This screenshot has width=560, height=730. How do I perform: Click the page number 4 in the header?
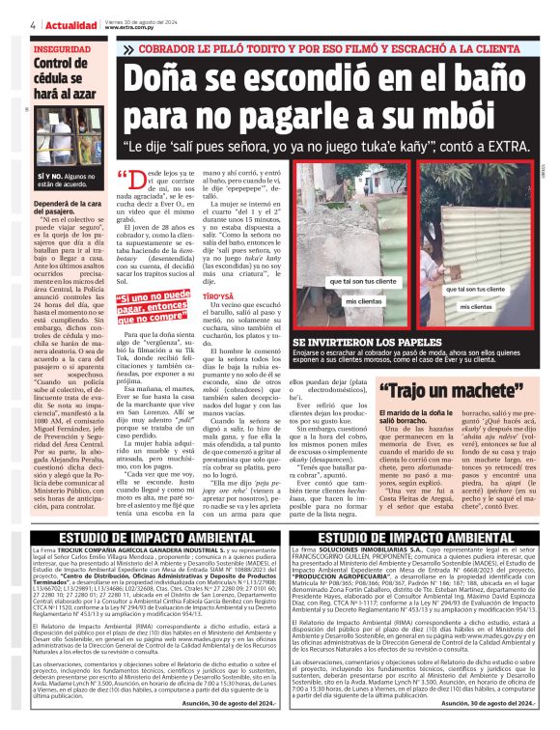pos(34,26)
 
